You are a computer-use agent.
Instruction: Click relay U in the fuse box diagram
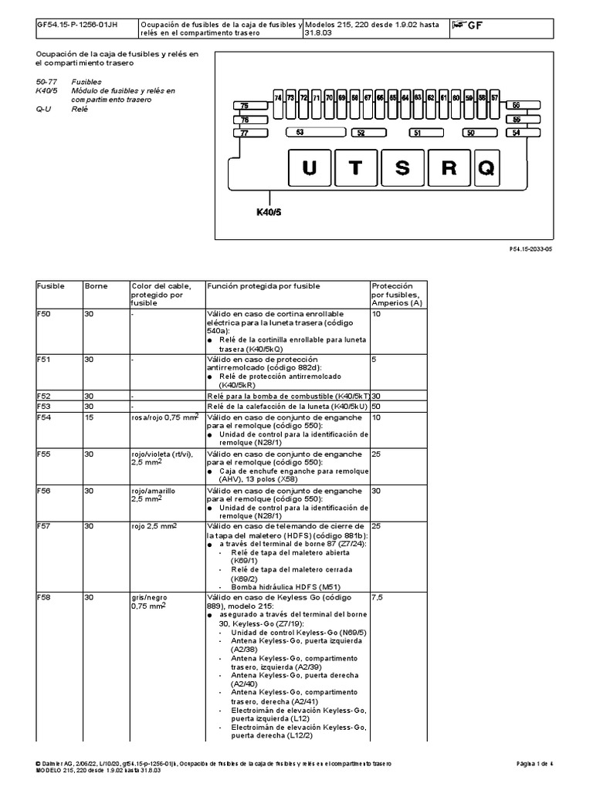(309, 168)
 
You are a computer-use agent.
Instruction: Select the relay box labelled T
(355, 168)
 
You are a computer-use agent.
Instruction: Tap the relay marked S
(401, 168)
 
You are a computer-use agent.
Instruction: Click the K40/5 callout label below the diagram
(269, 210)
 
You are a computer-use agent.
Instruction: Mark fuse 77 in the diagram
(244, 133)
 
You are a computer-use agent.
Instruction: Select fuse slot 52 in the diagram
(361, 133)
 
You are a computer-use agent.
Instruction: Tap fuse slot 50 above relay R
(469, 133)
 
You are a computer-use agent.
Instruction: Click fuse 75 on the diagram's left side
(244, 106)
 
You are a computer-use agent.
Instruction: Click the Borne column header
(95, 286)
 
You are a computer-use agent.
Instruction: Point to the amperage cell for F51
(374, 359)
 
